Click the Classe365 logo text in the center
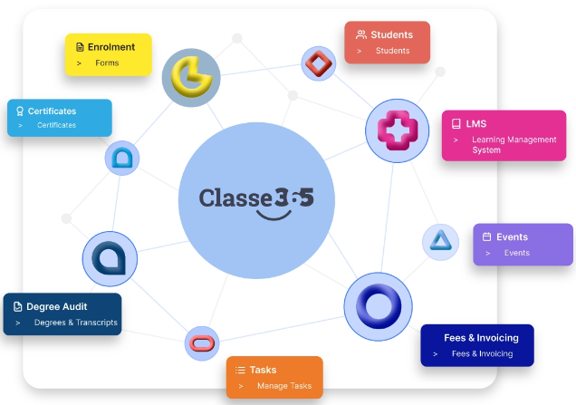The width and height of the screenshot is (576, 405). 256,197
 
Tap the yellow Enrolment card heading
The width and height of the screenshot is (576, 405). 111,47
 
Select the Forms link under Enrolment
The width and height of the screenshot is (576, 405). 107,63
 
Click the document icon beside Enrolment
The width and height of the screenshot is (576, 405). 80,47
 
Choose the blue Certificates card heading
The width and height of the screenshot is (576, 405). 52,111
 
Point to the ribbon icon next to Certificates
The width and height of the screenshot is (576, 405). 20,111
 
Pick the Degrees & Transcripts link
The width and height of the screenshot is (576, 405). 76,323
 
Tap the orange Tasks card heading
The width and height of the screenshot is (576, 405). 263,370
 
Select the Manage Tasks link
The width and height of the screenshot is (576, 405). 283,386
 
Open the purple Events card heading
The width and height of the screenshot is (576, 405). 512,236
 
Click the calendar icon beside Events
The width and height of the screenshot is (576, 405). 486,236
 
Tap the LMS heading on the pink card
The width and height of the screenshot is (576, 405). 476,123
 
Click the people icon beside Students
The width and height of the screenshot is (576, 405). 360,34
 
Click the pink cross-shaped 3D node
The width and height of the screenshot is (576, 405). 396,130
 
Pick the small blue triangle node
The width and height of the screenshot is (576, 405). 439,240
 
